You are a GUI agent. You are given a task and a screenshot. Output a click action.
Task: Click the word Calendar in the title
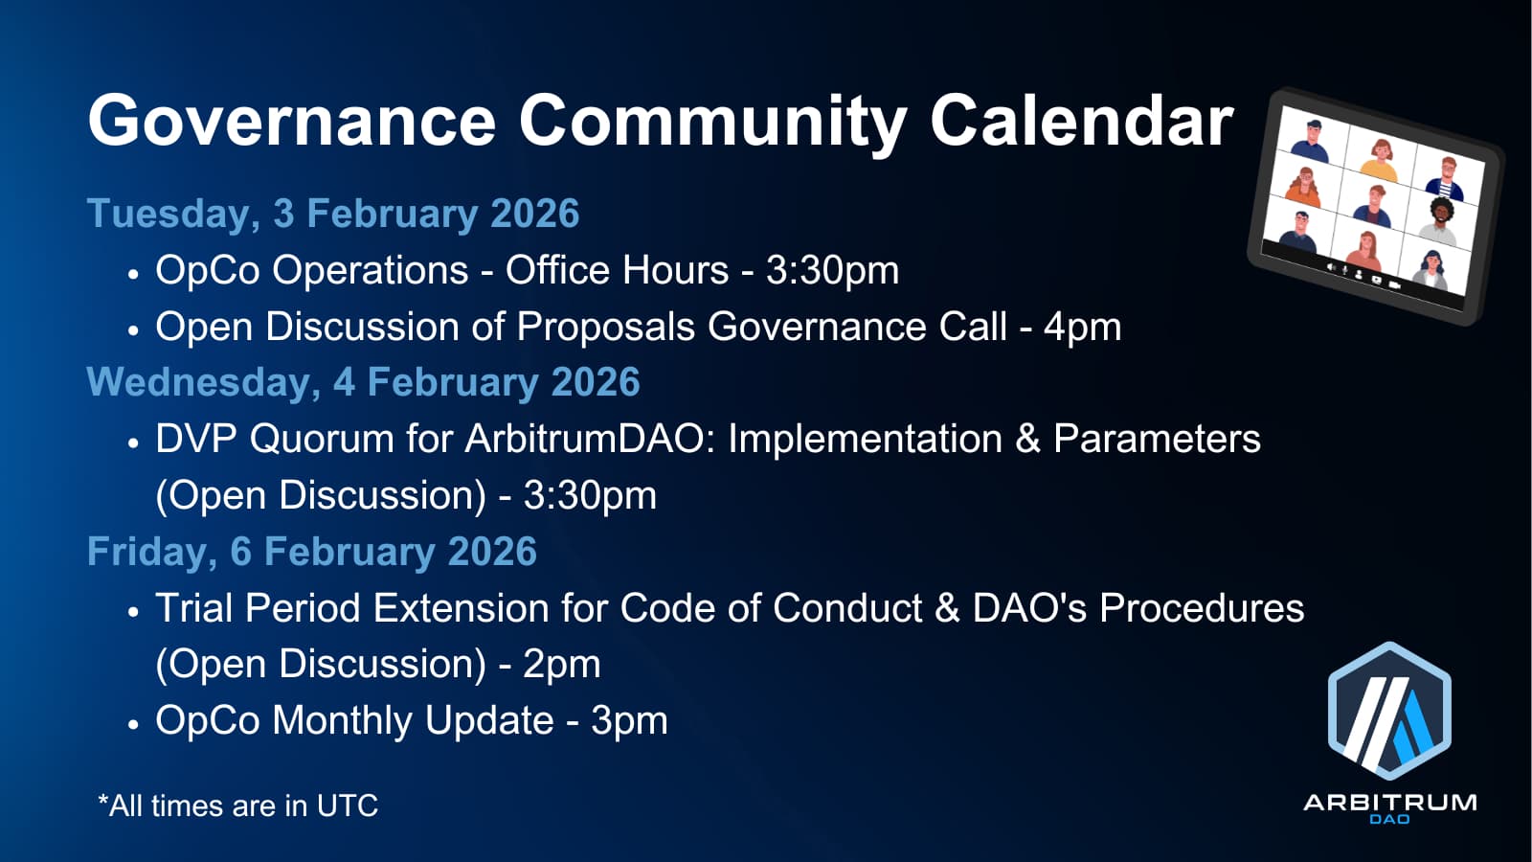pyautogui.click(x=1082, y=122)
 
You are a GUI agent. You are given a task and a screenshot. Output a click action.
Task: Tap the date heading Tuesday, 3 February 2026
pyautogui.click(x=333, y=214)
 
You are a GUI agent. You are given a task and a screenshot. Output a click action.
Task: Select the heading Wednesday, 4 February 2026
pyautogui.click(x=363, y=382)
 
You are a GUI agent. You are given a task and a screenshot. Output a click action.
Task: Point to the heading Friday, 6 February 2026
pyautogui.click(x=312, y=552)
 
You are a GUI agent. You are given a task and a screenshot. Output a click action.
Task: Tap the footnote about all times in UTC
pyautogui.click(x=238, y=805)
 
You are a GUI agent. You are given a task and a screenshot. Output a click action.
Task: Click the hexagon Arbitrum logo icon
pyautogui.click(x=1389, y=711)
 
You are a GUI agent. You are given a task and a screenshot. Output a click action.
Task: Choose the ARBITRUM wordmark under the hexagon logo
pyautogui.click(x=1389, y=803)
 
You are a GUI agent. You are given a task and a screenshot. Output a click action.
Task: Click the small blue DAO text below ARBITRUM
pyautogui.click(x=1389, y=819)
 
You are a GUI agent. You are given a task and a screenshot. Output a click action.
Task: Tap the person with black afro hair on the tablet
pyautogui.click(x=1440, y=220)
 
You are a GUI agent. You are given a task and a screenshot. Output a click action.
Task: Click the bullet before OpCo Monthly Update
pyautogui.click(x=133, y=724)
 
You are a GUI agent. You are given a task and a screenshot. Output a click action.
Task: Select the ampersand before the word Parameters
pyautogui.click(x=1027, y=440)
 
